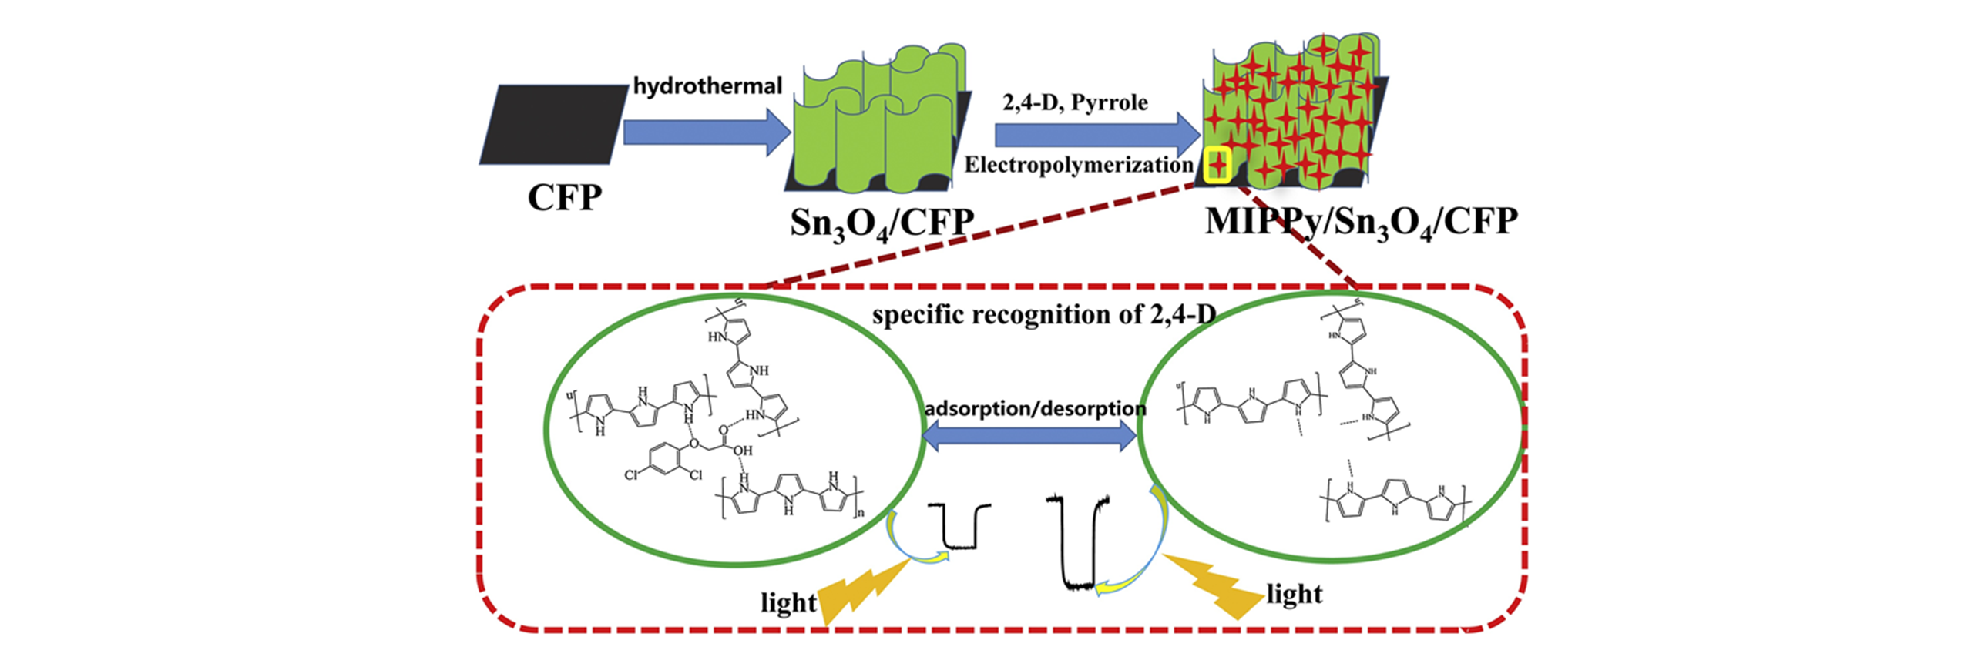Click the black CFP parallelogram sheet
click(x=554, y=124)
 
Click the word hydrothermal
click(x=707, y=85)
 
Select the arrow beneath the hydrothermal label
click(x=705, y=132)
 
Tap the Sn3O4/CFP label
click(x=882, y=223)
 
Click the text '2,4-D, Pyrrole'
click(x=1075, y=102)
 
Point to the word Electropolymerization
click(x=1078, y=165)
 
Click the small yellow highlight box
click(x=1217, y=164)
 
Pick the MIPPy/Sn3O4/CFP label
click(x=1361, y=222)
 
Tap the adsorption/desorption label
click(x=1035, y=408)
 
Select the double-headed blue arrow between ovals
click(x=1029, y=437)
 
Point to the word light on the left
click(x=788, y=602)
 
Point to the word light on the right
click(x=1294, y=594)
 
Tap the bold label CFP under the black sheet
click(x=564, y=197)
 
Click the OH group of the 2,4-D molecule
click(x=742, y=450)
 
